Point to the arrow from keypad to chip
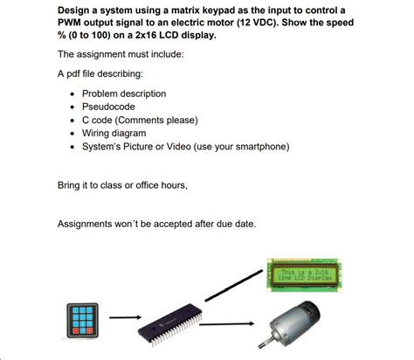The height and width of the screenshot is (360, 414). coord(125,318)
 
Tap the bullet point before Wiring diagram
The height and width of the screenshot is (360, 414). coord(72,134)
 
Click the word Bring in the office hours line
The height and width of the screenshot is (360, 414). coord(71,185)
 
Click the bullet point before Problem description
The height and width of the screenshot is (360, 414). coord(72,93)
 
